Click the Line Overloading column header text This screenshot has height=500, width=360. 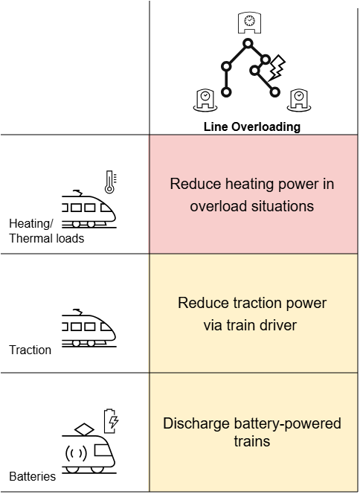252,126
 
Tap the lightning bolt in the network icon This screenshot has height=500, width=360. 277,68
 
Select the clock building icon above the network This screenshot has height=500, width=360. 249,22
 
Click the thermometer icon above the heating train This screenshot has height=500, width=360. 110,182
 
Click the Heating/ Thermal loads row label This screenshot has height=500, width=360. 47,231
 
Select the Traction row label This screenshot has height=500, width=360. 30,350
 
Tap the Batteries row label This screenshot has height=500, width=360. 33,476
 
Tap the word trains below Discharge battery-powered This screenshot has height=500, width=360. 252,442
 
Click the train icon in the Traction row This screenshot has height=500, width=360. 89,328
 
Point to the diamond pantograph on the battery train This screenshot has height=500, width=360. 84,429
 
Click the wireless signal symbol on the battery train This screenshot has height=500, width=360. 76,453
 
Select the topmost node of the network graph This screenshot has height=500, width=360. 248,43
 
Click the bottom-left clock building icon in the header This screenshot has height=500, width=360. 205,100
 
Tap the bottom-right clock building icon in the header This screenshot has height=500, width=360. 299,100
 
